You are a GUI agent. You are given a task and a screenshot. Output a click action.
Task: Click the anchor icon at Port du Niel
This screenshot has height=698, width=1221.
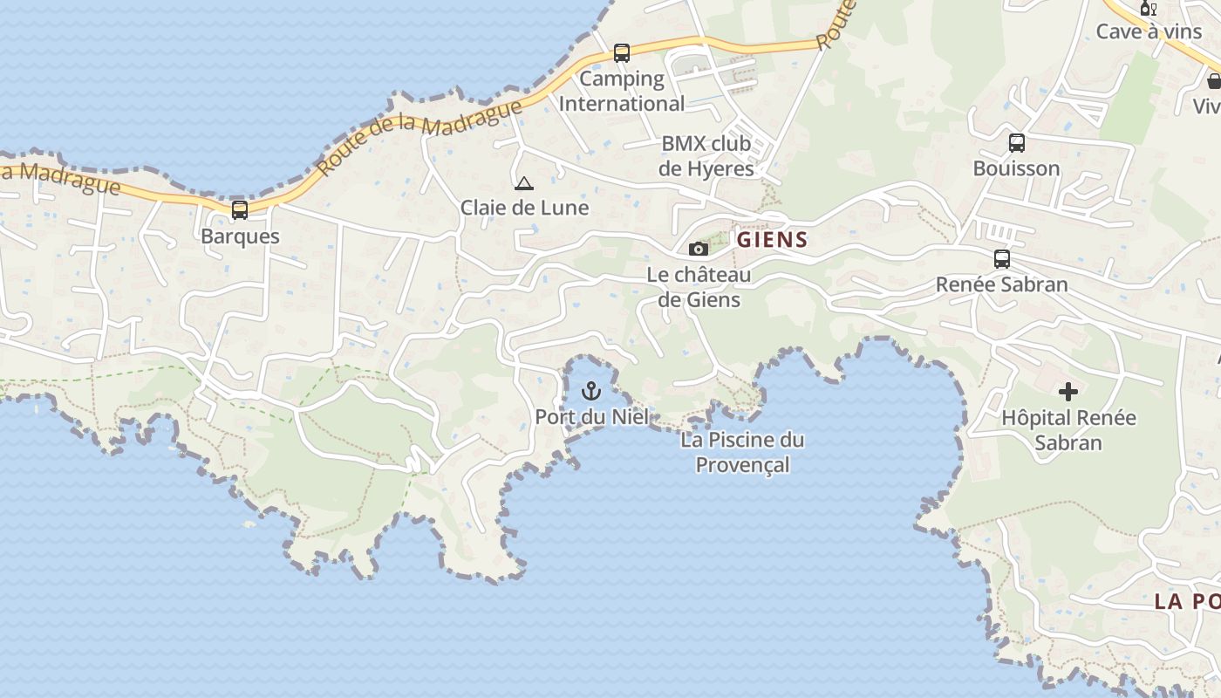click(x=592, y=390)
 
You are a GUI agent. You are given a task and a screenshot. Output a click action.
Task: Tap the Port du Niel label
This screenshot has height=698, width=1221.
click(x=592, y=417)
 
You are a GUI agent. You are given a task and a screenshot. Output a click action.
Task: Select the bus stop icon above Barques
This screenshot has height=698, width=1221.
click(x=239, y=210)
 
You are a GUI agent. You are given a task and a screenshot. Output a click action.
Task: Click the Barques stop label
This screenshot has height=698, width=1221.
click(x=240, y=236)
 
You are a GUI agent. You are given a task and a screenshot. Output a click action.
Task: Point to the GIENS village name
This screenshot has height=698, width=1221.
click(x=773, y=240)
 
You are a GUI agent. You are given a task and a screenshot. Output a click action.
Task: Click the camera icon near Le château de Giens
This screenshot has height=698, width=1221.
click(x=698, y=249)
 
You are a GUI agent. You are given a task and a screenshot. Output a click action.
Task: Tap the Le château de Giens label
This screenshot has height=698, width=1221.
click(x=699, y=287)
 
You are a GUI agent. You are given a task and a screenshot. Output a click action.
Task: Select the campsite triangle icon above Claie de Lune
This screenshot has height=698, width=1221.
click(x=523, y=183)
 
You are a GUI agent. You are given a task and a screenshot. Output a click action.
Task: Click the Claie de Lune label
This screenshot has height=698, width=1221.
click(x=524, y=208)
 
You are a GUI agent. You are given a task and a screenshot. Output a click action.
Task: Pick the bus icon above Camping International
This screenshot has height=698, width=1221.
click(x=622, y=53)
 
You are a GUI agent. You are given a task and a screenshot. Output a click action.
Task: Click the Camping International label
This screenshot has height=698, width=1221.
click(x=622, y=91)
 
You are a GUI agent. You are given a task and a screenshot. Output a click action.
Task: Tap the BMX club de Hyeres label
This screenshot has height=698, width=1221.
click(x=706, y=156)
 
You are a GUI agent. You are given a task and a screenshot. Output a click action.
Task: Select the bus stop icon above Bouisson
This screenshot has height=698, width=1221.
click(x=1016, y=143)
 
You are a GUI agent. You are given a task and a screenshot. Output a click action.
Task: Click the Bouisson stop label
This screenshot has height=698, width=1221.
click(x=1016, y=168)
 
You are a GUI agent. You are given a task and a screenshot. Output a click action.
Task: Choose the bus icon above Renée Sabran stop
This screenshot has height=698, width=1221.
click(x=1002, y=259)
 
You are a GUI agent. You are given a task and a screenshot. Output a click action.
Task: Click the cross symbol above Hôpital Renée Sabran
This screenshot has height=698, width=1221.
click(x=1068, y=392)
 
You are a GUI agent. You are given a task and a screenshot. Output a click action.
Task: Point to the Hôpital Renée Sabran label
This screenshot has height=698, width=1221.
click(x=1068, y=430)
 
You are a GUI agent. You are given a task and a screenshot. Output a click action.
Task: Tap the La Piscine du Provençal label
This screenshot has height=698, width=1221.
click(x=742, y=452)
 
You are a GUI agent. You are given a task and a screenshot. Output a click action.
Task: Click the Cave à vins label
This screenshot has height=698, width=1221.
click(x=1149, y=31)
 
